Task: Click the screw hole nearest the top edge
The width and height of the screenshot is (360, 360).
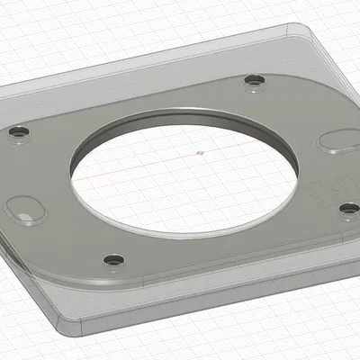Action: pyautogui.click(x=254, y=83)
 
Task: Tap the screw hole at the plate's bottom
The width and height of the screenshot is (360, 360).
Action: pyautogui.click(x=112, y=261)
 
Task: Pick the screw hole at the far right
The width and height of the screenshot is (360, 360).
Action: pyautogui.click(x=348, y=209)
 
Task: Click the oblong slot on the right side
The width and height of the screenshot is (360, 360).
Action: pyautogui.click(x=339, y=143)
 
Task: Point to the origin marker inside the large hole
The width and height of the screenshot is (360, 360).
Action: pyautogui.click(x=200, y=153)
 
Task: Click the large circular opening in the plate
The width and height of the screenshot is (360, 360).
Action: pyautogui.click(x=184, y=175)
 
